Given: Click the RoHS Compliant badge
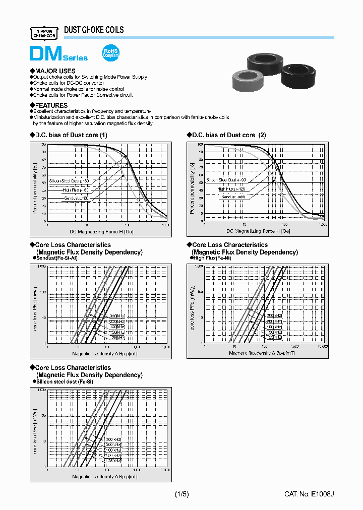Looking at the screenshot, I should [110, 53].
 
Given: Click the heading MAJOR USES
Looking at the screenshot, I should [53, 71].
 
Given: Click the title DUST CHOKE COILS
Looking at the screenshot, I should [94, 30].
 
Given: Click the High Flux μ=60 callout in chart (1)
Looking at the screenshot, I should [75, 190].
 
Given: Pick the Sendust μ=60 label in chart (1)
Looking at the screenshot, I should [76, 199].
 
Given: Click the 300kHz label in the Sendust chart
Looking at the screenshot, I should [116, 315].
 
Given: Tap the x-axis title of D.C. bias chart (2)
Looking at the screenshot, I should [258, 231].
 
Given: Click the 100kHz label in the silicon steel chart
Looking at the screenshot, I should [113, 450].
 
